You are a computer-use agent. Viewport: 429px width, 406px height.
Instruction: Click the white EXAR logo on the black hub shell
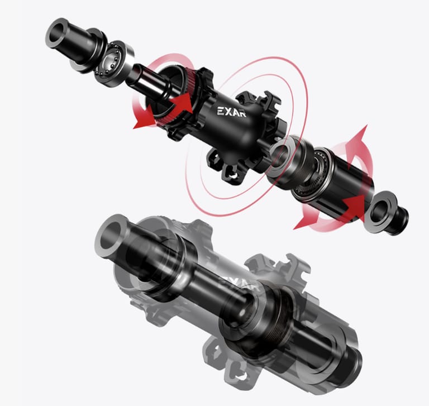(231, 112)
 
